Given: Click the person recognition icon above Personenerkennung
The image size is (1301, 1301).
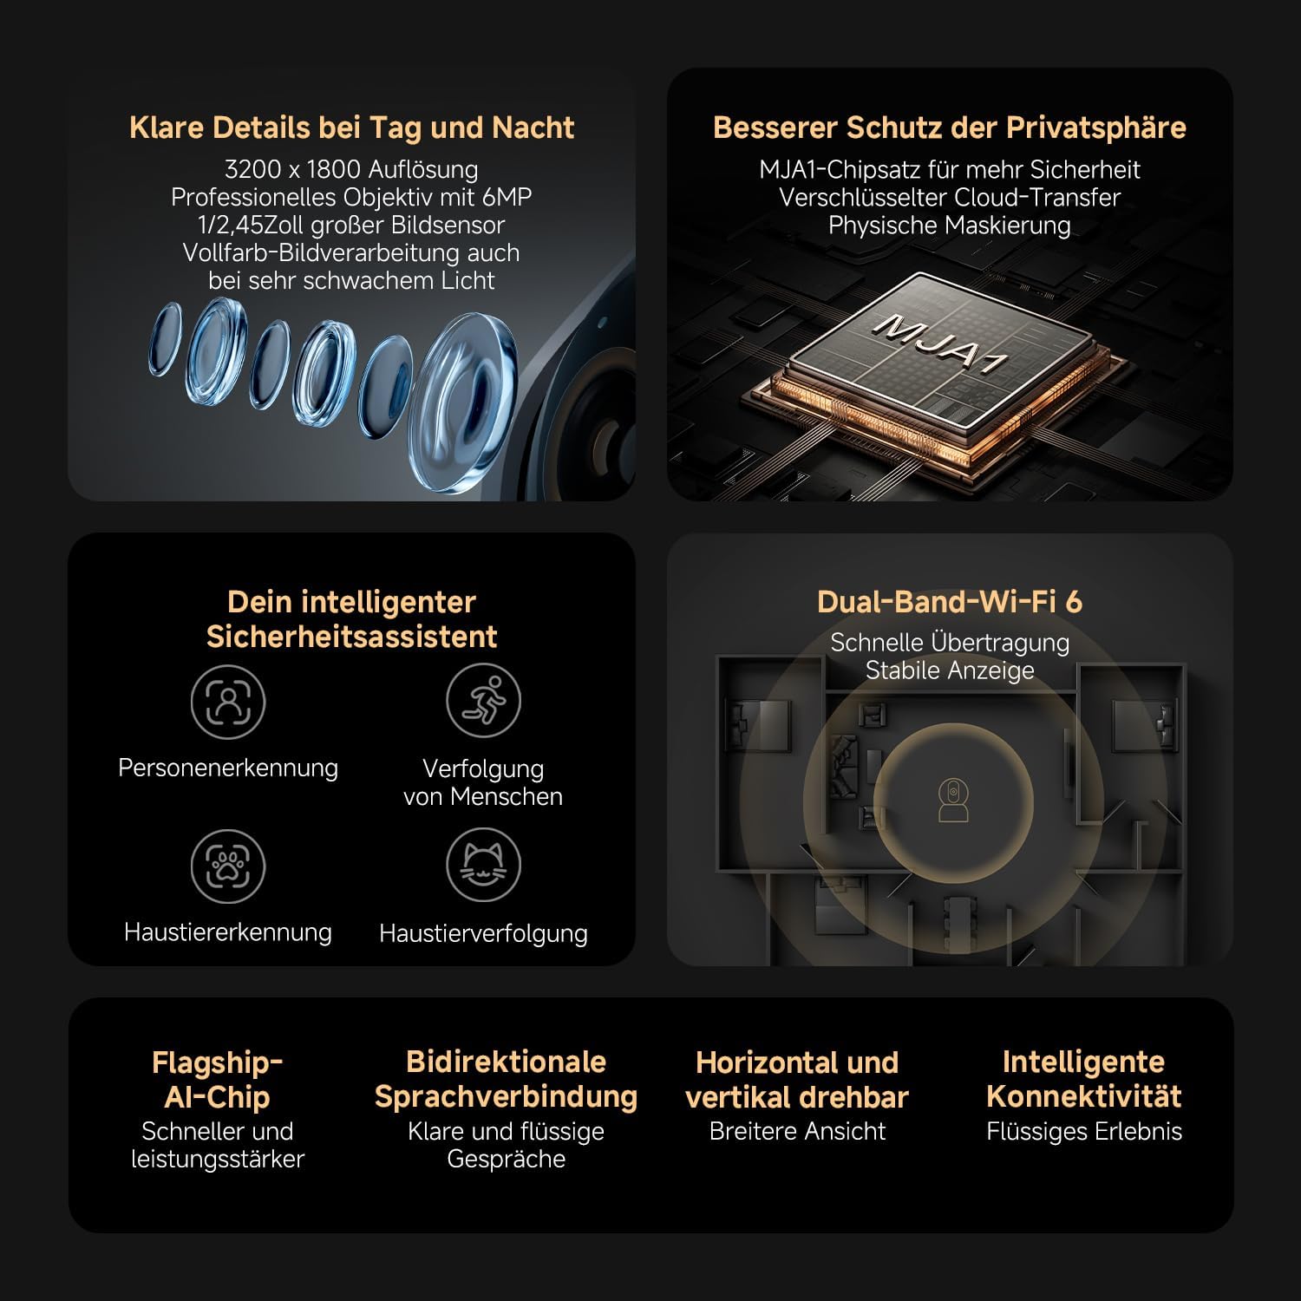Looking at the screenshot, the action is coord(228,702).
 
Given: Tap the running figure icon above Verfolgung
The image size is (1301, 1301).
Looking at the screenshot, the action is coord(483,701).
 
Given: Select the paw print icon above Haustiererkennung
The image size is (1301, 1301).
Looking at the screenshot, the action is coord(228,866).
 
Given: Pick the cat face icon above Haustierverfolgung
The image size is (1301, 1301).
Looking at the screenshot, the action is coord(483,865).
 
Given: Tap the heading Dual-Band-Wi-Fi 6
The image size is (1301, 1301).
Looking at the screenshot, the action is coord(950,602).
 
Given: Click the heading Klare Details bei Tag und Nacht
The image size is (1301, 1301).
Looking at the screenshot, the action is coord(351,127).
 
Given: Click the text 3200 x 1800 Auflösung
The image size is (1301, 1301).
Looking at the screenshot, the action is coord(351,169).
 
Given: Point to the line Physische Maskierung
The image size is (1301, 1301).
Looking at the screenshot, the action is coord(950,226).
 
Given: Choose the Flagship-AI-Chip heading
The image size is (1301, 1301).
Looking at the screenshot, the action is coord(217,1079).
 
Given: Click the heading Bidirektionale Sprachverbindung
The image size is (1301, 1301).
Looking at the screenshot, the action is coord(507,1079).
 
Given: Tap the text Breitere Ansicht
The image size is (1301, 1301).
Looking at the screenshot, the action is coord(797,1131).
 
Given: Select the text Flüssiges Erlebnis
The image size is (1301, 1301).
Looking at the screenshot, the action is coord(1084,1132).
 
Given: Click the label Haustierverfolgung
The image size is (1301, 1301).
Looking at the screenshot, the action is coord(483,933).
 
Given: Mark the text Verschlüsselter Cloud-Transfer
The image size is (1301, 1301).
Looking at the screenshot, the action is coord(950,197).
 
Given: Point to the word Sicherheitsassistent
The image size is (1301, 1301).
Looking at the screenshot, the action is coord(351,637).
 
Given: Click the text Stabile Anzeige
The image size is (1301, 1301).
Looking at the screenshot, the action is coord(950,670).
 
